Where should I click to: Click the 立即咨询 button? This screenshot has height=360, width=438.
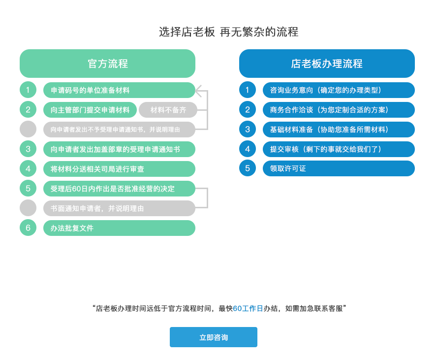coord(214,337)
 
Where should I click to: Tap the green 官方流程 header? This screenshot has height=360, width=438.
coord(108,64)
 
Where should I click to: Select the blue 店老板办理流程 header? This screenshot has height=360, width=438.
coord(327,64)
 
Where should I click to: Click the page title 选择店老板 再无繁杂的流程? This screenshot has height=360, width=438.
coord(229,32)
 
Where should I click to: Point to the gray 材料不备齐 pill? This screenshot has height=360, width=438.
coord(168,110)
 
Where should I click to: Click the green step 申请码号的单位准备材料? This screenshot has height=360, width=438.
coord(119,90)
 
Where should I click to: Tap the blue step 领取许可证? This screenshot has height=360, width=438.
coord(339,168)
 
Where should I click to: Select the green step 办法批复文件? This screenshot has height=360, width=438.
coord(119,228)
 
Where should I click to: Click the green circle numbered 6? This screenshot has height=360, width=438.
coord(28,228)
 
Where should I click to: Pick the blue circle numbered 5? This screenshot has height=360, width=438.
coord(248,168)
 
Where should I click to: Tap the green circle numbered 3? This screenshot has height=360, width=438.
coord(28,149)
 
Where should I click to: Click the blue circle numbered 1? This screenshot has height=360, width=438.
coord(248,90)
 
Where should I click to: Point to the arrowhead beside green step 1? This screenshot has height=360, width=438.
coord(198,91)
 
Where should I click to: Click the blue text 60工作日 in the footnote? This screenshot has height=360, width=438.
coord(248,308)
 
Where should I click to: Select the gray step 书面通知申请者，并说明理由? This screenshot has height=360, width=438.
coord(119,208)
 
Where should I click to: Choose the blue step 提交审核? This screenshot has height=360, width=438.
coord(339,149)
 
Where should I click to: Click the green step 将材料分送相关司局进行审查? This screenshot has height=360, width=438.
coord(119,169)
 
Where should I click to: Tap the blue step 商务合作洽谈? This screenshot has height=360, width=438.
coord(339,110)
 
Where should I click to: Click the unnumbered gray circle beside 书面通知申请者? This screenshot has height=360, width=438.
coord(28,208)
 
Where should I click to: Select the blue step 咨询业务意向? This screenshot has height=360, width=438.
coord(339,90)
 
